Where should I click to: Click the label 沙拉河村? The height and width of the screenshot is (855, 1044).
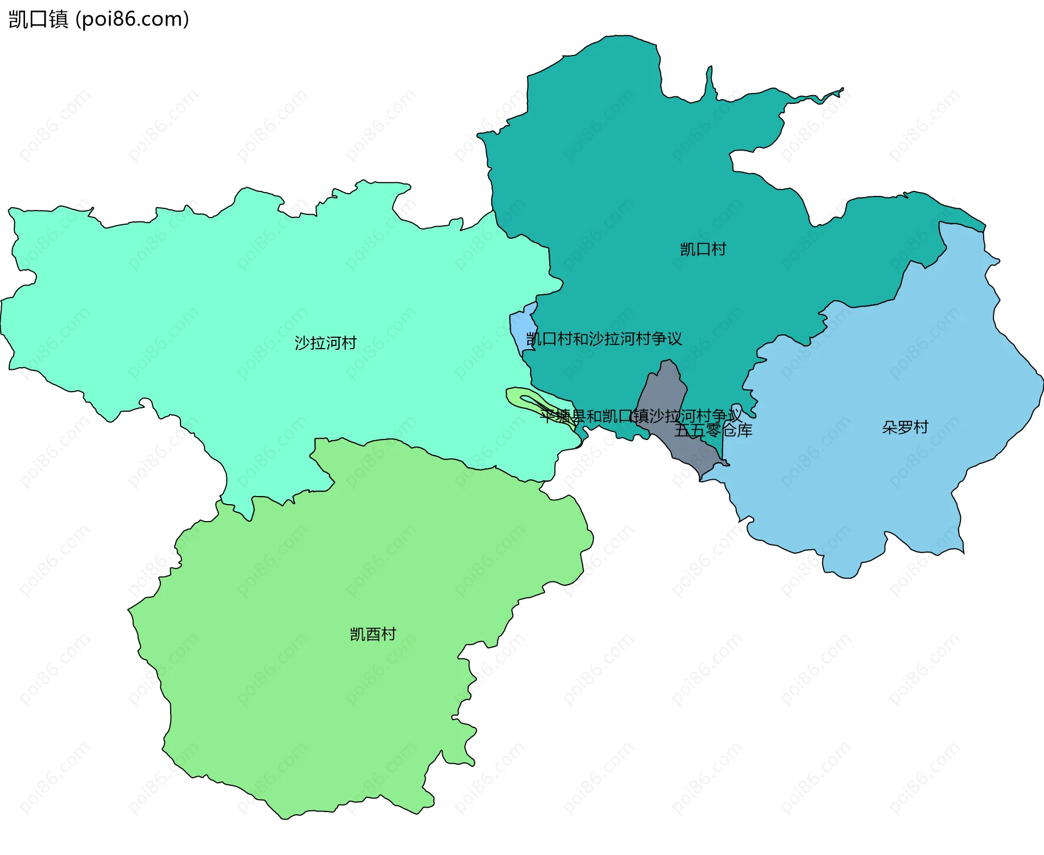click(x=325, y=343)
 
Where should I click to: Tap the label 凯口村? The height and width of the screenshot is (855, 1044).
click(x=703, y=249)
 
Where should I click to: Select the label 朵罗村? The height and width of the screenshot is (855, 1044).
click(x=905, y=427)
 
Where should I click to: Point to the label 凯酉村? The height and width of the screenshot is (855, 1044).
click(x=372, y=634)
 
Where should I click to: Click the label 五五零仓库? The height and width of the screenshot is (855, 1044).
click(x=713, y=431)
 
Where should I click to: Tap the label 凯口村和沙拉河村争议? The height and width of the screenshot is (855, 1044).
click(x=604, y=339)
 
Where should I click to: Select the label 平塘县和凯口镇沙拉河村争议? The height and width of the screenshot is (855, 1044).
click(x=641, y=416)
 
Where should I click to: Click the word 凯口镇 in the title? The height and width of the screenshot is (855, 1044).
click(x=38, y=19)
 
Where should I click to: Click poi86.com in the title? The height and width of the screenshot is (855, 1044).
click(x=132, y=19)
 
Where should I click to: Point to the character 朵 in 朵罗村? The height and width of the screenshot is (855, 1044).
click(x=890, y=427)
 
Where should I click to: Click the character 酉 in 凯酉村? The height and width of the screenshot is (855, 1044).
click(x=372, y=634)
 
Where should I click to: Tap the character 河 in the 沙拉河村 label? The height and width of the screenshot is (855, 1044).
click(x=333, y=343)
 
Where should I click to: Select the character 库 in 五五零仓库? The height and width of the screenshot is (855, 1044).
click(x=744, y=431)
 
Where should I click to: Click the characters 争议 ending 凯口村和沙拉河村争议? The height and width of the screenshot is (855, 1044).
click(x=667, y=339)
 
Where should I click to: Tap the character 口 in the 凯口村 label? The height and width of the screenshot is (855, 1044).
click(x=703, y=249)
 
